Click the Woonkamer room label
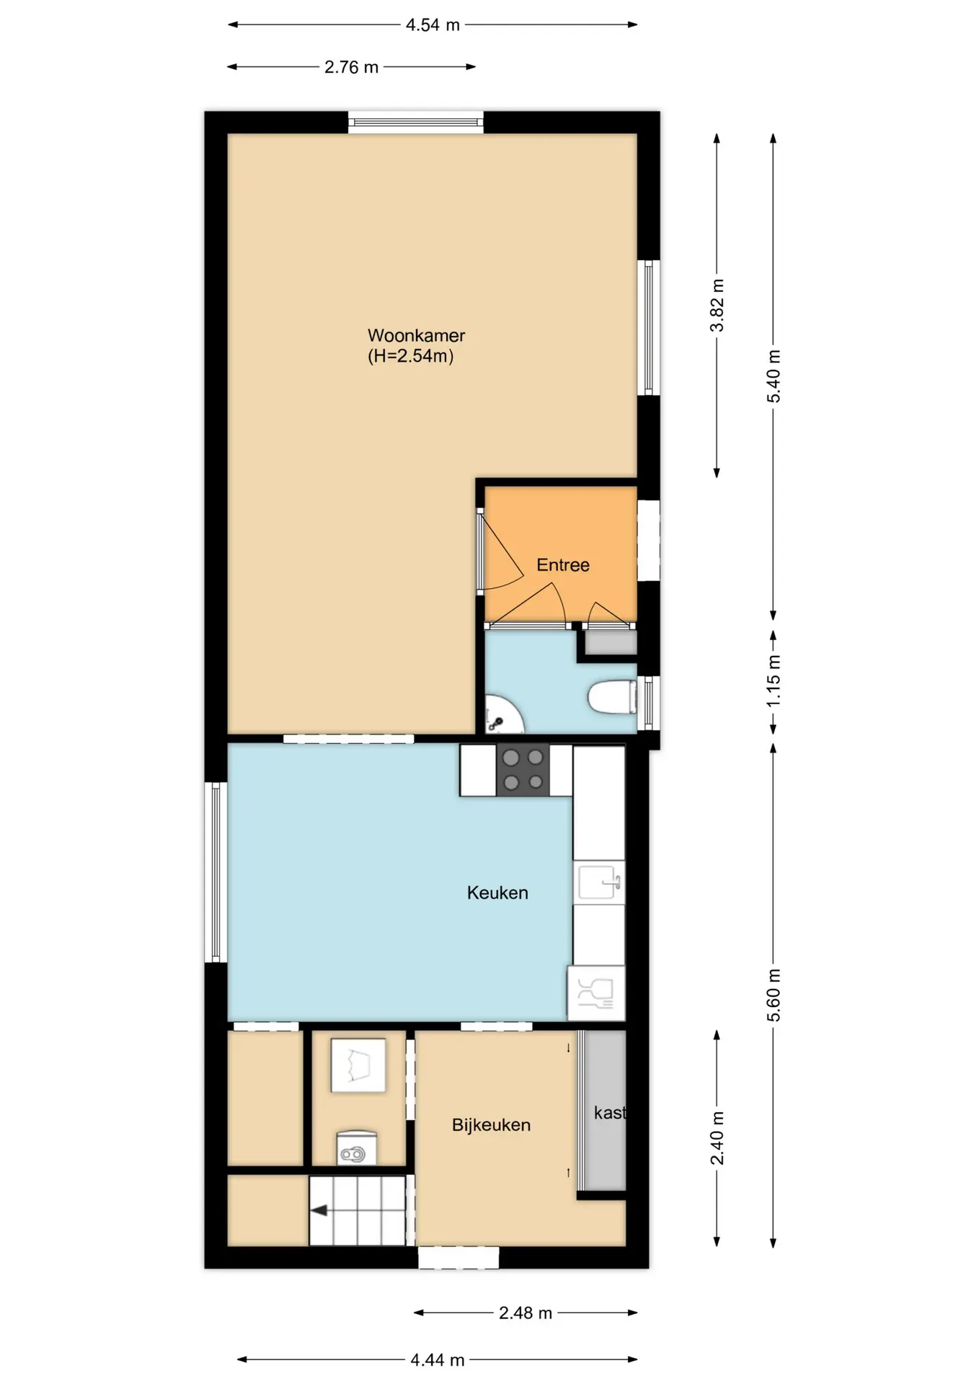(x=416, y=335)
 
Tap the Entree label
(x=563, y=565)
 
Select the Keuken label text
(x=497, y=893)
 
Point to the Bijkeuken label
(x=491, y=1125)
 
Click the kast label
(x=610, y=1113)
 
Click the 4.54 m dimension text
(x=433, y=25)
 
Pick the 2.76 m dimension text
(x=351, y=67)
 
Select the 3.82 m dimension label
(x=717, y=305)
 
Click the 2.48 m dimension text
(x=526, y=1313)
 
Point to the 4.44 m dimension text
(x=438, y=1360)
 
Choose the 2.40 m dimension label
(x=717, y=1138)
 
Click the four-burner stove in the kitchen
(x=523, y=770)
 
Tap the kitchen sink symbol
(x=599, y=882)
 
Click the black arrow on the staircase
(x=319, y=1210)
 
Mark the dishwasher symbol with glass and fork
(x=596, y=993)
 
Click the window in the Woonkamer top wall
(x=416, y=123)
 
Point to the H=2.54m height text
(x=411, y=356)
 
